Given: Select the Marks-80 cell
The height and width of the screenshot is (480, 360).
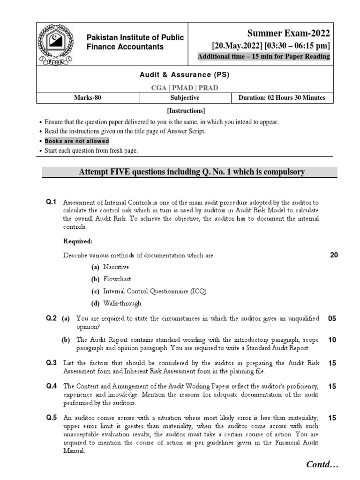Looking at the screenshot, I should pos(88,98).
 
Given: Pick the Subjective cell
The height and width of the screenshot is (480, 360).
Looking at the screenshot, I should pos(185,98).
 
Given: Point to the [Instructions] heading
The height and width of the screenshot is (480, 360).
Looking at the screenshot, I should pos(186,111).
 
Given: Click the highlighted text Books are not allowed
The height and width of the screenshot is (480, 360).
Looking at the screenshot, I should pos(77,141).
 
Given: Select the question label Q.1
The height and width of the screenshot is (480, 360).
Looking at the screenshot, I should pos(51,202).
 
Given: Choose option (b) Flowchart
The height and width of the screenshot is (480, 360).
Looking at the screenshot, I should pos(111,279).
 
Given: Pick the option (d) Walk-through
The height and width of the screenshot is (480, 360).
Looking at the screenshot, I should pos(116,303).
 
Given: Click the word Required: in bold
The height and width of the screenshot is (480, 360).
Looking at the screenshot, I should pos(78,241).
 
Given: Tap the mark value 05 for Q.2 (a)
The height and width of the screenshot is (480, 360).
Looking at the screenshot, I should pos(332,319).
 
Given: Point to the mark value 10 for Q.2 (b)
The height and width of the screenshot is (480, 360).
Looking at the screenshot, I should pos(332,340).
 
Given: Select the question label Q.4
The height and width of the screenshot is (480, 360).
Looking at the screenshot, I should pos(51,386).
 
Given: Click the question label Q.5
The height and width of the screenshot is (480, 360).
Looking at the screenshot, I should pos(51,418).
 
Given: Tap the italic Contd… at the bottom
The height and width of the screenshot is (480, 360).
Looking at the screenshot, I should pos(322,465).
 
